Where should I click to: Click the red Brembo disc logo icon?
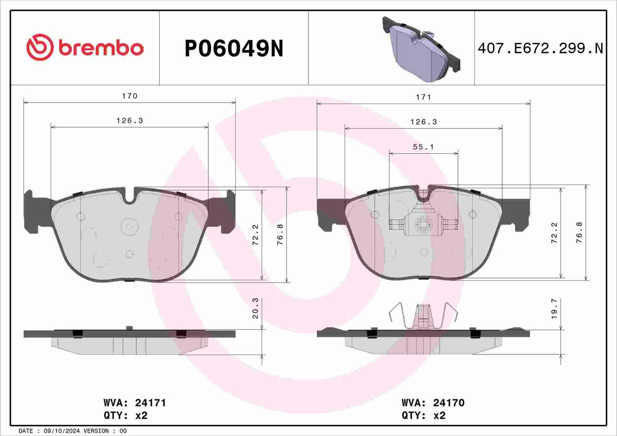tap(40, 47)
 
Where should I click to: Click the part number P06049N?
tap(234, 49)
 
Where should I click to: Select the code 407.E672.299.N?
tap(540, 49)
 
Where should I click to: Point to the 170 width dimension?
tap(130, 96)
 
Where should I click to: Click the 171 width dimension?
tap(423, 97)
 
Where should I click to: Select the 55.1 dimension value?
tap(423, 147)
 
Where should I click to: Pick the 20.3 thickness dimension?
tap(255, 308)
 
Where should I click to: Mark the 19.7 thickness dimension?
tap(554, 308)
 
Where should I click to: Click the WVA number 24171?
tap(150, 403)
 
